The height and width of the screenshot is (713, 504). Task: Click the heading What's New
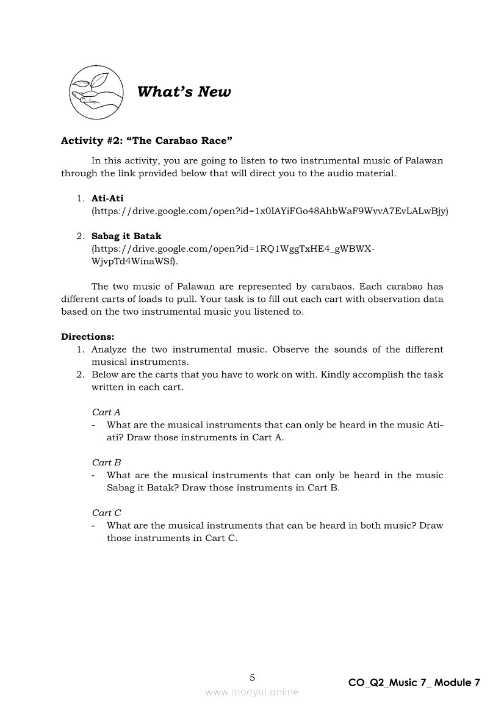click(184, 92)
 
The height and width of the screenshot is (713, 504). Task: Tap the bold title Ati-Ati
click(107, 198)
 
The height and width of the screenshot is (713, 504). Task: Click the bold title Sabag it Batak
click(126, 236)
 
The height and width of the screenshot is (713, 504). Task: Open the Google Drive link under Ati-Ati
click(270, 211)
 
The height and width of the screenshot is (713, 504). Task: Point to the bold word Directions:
click(88, 337)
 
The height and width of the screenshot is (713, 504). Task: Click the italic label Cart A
click(106, 412)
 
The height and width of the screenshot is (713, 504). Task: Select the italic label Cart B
click(106, 462)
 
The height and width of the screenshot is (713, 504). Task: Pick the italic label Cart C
click(106, 513)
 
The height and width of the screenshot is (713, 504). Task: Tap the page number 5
click(253, 677)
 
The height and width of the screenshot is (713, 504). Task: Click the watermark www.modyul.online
click(252, 692)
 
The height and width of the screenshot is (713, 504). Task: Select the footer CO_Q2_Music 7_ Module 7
click(414, 683)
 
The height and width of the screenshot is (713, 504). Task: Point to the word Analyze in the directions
click(110, 349)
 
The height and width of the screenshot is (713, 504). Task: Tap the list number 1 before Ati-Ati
click(80, 198)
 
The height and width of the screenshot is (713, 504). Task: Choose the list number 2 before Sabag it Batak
click(80, 236)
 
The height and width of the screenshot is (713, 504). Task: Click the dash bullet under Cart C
click(94, 526)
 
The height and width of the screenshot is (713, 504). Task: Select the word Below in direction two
click(105, 374)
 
